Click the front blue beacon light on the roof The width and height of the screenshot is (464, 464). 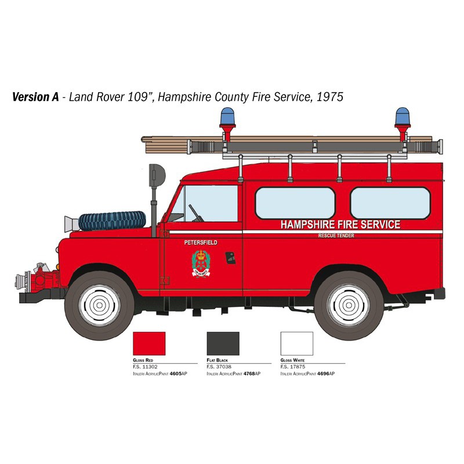click(227, 117)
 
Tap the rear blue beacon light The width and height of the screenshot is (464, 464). click(402, 117)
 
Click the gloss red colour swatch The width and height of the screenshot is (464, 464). click(149, 343)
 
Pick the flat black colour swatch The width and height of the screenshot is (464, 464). click(223, 343)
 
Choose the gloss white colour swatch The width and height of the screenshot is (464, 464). click(296, 343)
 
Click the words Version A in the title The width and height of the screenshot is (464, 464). click(35, 96)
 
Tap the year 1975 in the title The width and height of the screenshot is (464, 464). click(329, 96)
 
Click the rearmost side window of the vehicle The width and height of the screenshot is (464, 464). click(390, 203)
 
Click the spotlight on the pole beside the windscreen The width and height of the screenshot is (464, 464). click(157, 173)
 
